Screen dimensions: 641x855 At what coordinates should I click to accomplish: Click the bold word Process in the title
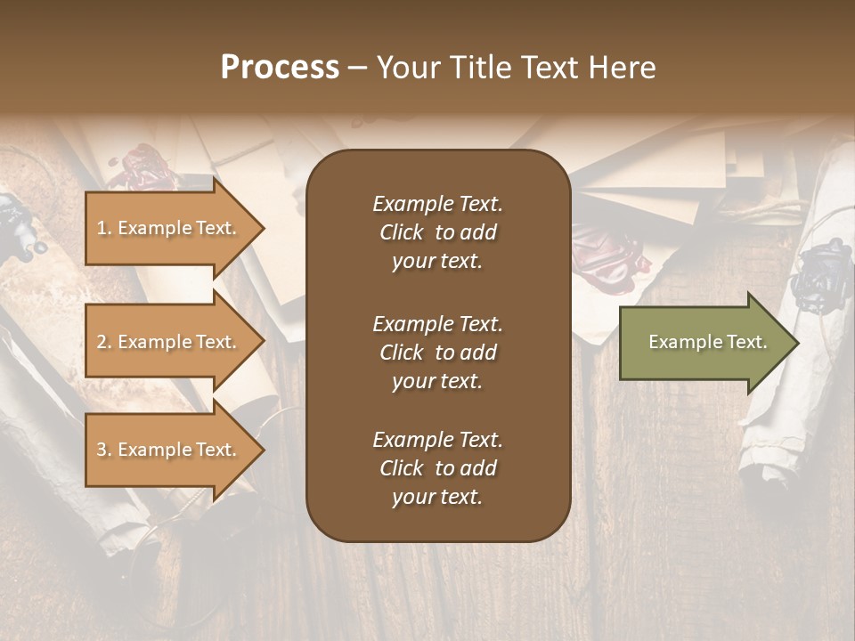pos(280,68)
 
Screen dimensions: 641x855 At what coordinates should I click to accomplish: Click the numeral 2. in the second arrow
pos(104,342)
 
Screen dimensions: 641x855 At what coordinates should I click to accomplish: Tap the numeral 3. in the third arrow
pos(104,450)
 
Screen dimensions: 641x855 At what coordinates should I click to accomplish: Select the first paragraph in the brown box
pos(437,232)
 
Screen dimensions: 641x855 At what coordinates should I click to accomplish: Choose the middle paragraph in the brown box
pos(437,353)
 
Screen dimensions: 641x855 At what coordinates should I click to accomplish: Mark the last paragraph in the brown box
pos(437,468)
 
